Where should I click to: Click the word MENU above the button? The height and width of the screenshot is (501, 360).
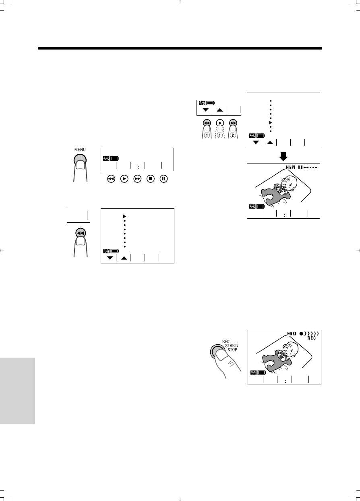(80, 149)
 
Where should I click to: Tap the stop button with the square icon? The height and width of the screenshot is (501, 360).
(151, 179)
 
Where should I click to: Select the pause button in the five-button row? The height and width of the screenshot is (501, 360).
(163, 179)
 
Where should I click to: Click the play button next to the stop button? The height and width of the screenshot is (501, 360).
(124, 179)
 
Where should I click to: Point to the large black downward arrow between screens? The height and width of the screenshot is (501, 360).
(283, 157)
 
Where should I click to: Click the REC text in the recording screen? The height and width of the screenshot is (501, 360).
(312, 338)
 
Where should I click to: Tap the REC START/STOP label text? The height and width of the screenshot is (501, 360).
(230, 346)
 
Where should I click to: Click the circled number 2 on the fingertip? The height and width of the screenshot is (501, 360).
(233, 135)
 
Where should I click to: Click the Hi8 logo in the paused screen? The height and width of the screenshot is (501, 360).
(290, 167)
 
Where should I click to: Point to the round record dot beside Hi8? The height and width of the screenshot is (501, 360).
(301, 333)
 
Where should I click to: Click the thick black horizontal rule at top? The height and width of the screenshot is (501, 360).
(180, 48)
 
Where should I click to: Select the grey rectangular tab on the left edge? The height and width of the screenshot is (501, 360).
(17, 391)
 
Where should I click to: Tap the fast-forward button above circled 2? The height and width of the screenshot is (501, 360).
(233, 123)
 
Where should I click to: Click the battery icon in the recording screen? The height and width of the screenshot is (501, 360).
(262, 373)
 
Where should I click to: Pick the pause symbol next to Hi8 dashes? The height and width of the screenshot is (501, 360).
(300, 167)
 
